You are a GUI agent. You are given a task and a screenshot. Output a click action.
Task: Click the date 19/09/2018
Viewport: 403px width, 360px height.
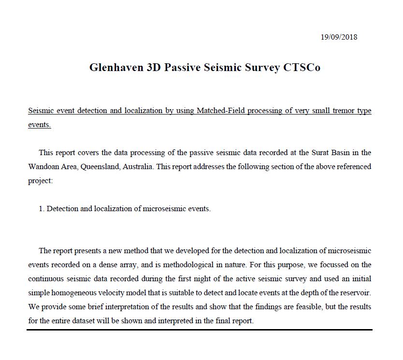(x=339, y=37)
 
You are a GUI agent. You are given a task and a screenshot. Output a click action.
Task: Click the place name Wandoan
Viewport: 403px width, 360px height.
(x=43, y=167)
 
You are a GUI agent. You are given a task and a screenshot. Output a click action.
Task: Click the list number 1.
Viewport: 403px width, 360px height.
(x=42, y=209)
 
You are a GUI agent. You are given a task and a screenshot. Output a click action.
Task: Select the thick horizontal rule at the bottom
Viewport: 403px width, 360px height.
(x=200, y=330)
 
